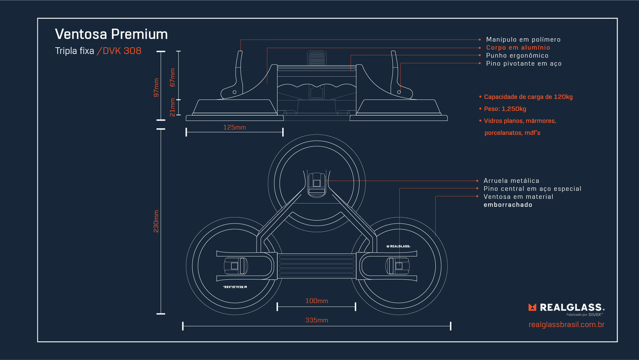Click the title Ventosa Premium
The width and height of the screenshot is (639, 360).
coord(111,34)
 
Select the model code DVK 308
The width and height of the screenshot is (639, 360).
coord(122,51)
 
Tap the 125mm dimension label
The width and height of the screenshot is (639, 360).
coord(234,127)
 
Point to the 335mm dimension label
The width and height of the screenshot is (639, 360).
coord(317,320)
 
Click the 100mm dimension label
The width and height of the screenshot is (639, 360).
coord(317,301)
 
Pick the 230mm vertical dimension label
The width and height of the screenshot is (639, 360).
coord(156,221)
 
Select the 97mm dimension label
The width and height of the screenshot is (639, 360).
coord(156,88)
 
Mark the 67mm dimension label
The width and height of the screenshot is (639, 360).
coord(173,78)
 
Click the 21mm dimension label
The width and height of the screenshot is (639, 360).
coord(173,107)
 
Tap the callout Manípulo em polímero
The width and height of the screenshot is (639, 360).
coord(523,40)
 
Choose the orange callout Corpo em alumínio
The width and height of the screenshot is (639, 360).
coord(518,48)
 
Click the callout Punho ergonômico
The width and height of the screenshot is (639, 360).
coord(517,55)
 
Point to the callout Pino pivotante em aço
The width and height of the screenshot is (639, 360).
coord(524,63)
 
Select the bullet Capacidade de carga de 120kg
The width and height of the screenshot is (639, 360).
coord(528,97)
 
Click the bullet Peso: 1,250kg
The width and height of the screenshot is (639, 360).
coord(505,109)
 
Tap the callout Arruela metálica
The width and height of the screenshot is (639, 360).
coord(511,181)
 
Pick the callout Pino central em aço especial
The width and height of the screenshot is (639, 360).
coord(532,189)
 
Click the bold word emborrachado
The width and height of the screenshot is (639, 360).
coord(508,205)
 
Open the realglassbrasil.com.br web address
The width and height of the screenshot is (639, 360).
coord(566,325)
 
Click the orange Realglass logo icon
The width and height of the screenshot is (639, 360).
coord(532,307)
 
